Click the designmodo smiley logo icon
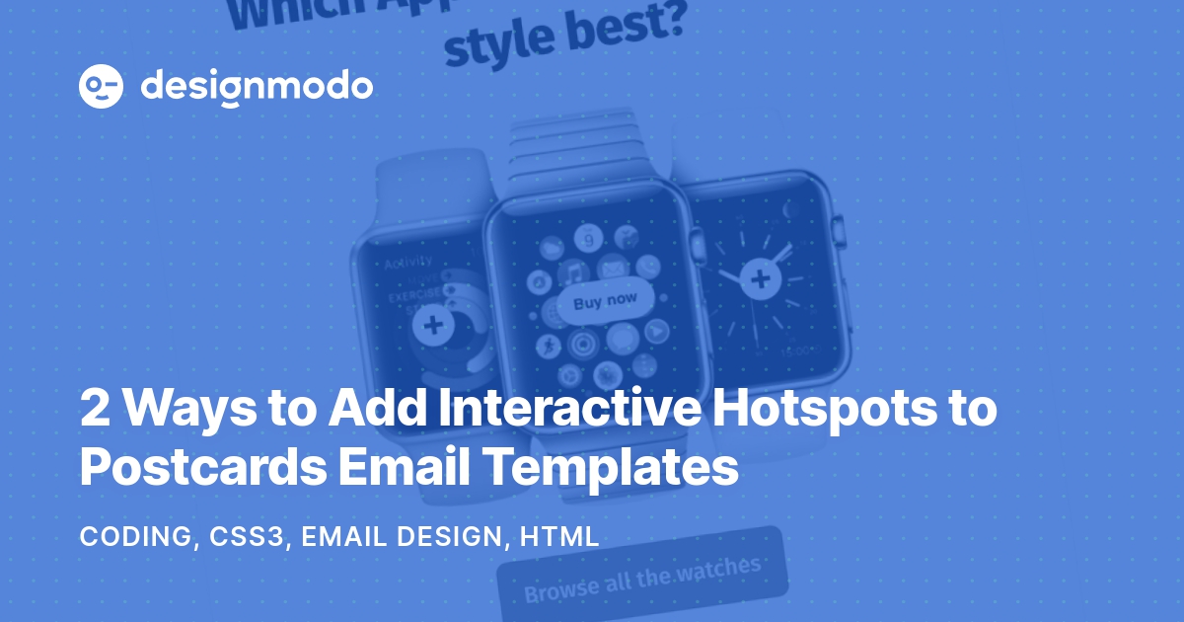pyautogui.click(x=101, y=87)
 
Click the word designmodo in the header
pyautogui.click(x=257, y=87)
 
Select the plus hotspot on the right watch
pyautogui.click(x=760, y=279)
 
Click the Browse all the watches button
pyautogui.click(x=642, y=580)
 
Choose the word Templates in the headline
pyautogui.click(x=612, y=467)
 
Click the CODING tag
pyautogui.click(x=135, y=537)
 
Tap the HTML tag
pyautogui.click(x=559, y=537)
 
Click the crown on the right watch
pyautogui.click(x=839, y=233)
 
